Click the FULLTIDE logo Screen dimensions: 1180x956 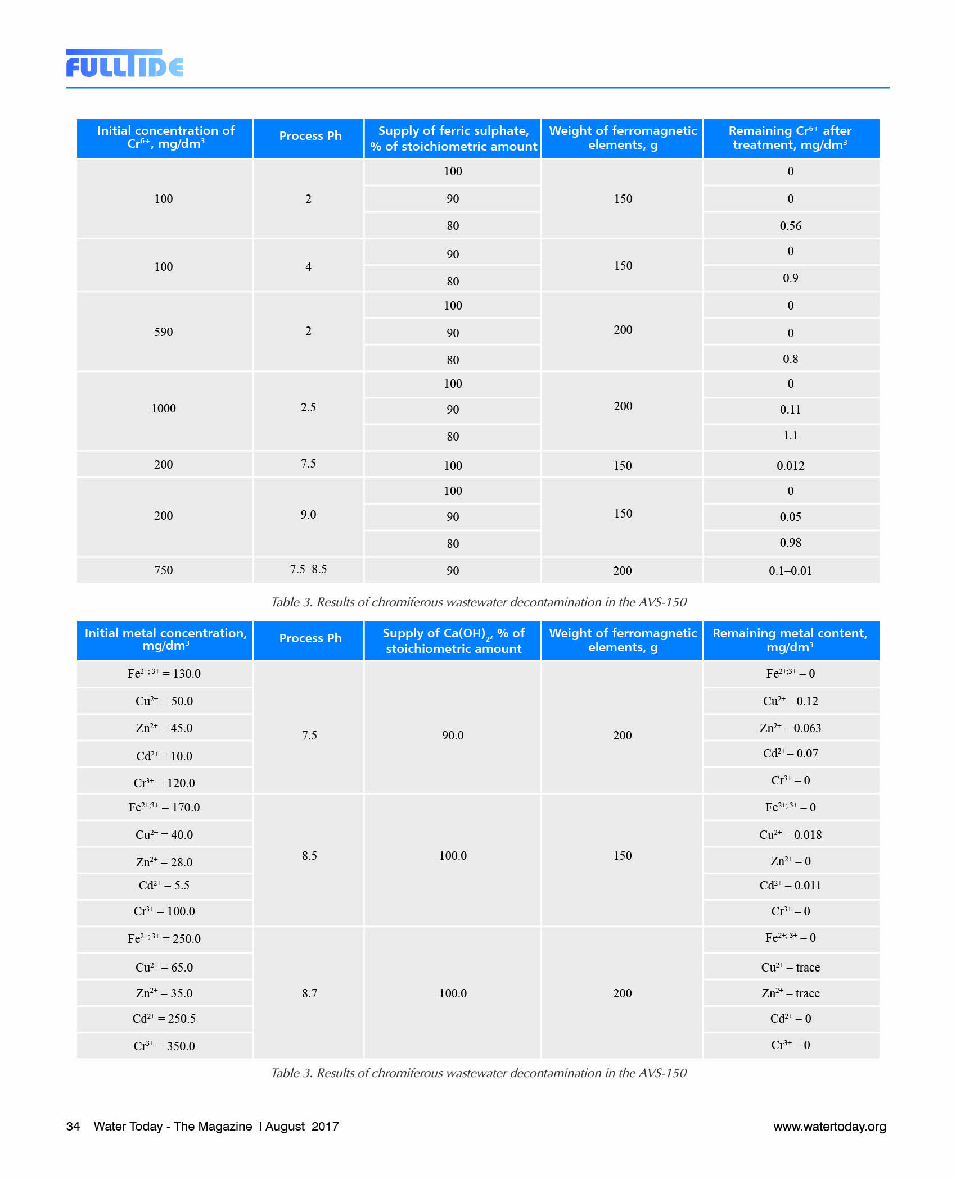tap(124, 63)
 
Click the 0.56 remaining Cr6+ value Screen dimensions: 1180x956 tap(790, 226)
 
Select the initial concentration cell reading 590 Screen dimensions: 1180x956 tap(164, 332)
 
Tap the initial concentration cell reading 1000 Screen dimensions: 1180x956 tap(164, 409)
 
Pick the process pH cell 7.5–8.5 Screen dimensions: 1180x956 tap(308, 569)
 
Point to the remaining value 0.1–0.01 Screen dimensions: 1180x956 tap(790, 571)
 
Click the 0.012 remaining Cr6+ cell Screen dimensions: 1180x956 tap(790, 466)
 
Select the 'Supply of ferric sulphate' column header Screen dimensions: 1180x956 tap(453, 138)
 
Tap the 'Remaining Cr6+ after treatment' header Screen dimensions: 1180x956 tap(790, 138)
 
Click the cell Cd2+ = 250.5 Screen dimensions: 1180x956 tap(164, 1019)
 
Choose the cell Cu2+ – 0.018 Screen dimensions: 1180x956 tap(790, 835)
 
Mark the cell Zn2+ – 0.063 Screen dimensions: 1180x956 tap(790, 728)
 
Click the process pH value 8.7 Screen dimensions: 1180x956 tap(309, 993)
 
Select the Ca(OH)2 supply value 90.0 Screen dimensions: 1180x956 tap(453, 736)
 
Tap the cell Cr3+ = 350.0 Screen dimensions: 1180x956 tap(164, 1046)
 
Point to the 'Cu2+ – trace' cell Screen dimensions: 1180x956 tap(790, 968)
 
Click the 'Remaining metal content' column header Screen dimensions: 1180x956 tap(790, 640)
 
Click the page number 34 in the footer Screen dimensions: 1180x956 tap(73, 1127)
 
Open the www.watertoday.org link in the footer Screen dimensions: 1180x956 tap(829, 1127)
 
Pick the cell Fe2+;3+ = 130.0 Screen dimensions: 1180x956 tap(164, 674)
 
